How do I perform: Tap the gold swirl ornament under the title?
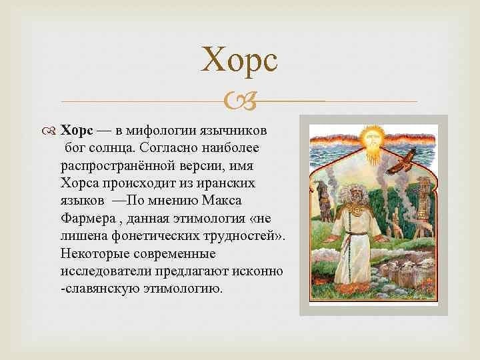pyautogui.click(x=240, y=101)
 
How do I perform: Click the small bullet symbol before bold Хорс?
pyautogui.click(x=49, y=131)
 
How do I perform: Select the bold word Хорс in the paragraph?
pyautogui.click(x=77, y=131)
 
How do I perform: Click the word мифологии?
pyautogui.click(x=161, y=131)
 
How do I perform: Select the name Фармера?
pyautogui.click(x=89, y=219)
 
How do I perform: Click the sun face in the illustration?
pyautogui.click(x=372, y=139)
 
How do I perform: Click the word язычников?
pyautogui.click(x=233, y=131)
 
